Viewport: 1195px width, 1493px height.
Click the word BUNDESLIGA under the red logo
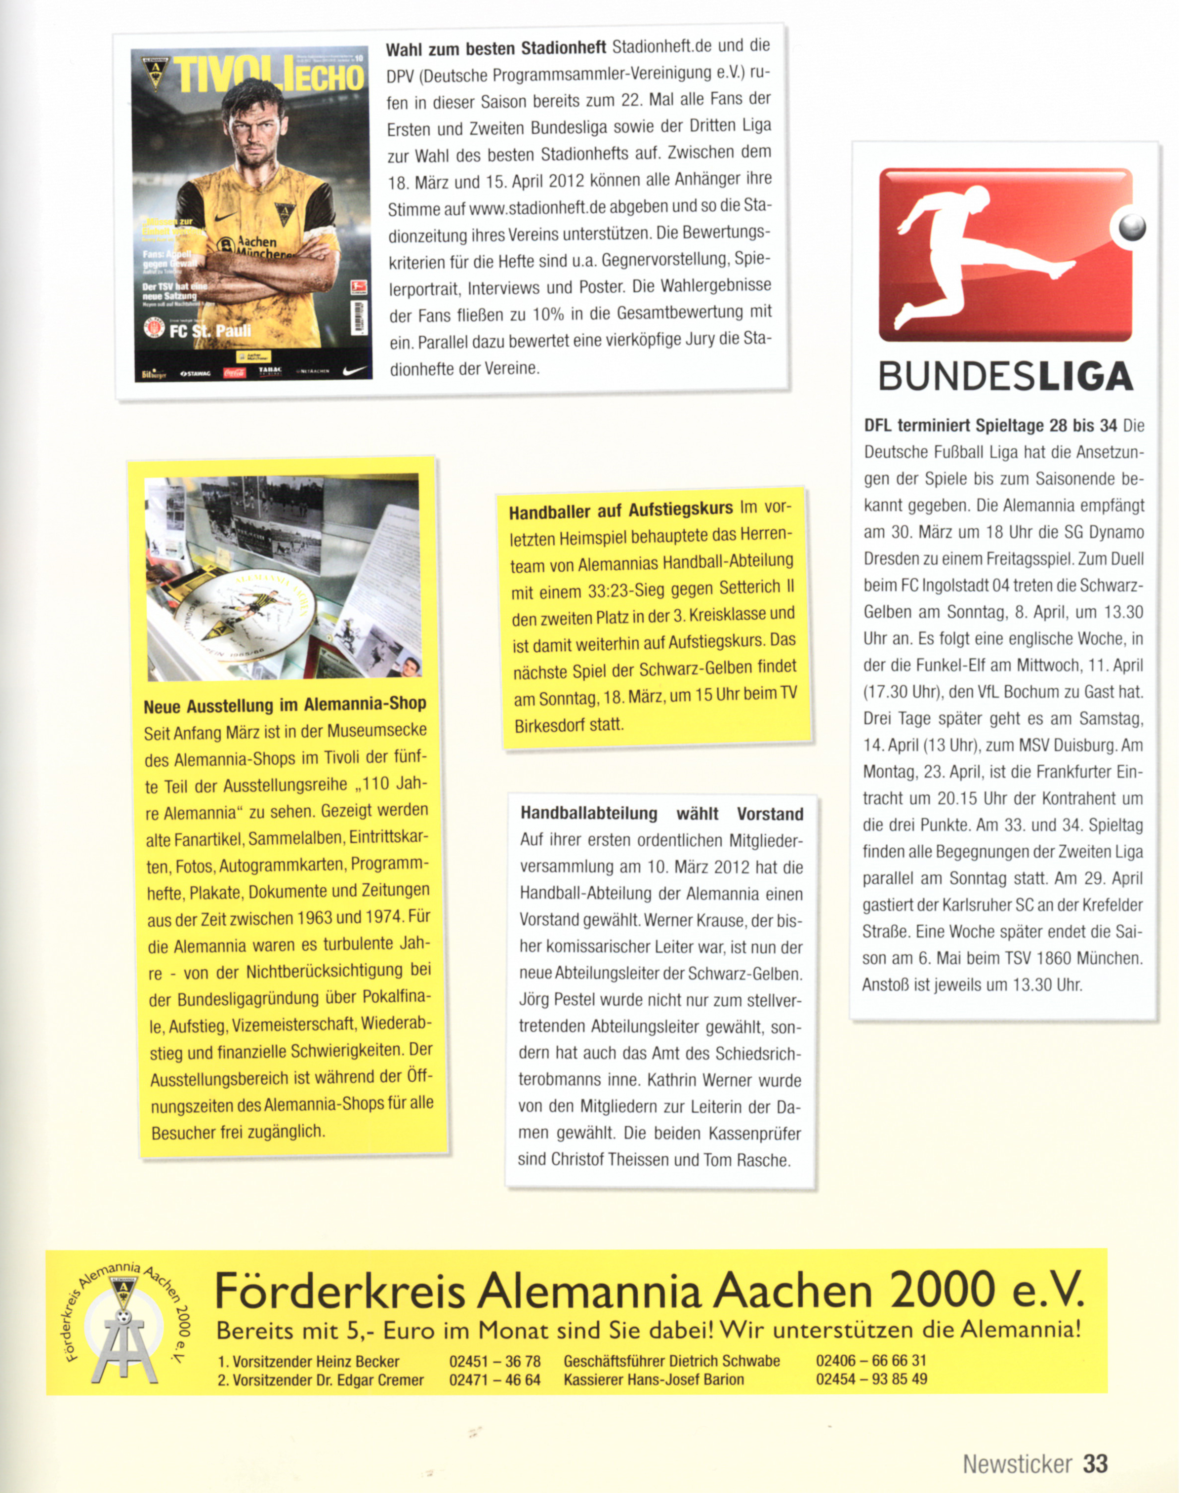point(1005,376)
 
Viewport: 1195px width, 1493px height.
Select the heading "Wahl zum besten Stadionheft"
point(495,48)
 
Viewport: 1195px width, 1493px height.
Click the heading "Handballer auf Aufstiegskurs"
point(620,511)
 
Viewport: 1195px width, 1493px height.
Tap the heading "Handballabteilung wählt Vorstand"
point(661,813)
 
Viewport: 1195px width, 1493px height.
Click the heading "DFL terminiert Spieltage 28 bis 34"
point(990,425)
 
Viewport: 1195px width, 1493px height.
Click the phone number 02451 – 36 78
point(494,1361)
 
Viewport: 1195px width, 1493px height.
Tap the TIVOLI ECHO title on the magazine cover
point(269,76)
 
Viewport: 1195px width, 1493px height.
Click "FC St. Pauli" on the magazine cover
point(209,330)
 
